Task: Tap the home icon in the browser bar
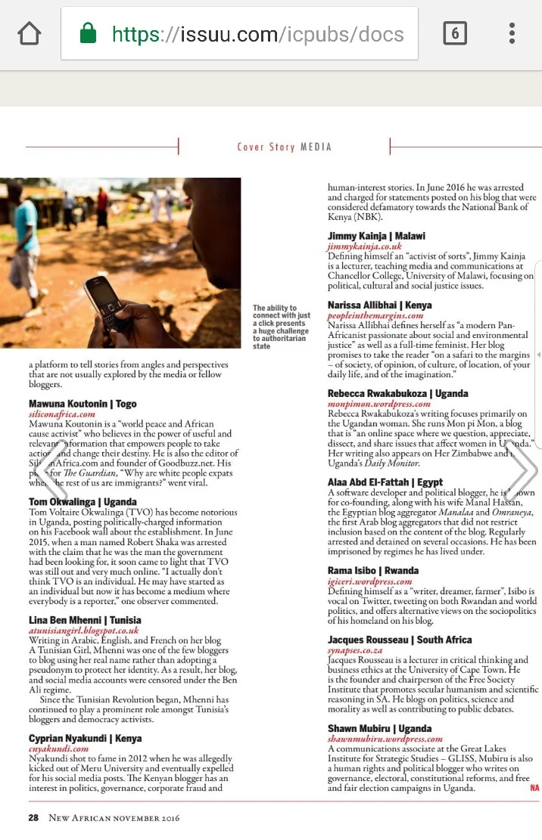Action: point(29,33)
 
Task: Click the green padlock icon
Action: point(88,33)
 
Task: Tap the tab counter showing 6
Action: point(454,33)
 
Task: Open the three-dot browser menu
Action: point(512,33)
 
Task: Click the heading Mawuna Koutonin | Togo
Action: point(83,404)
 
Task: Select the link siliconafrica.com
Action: point(62,414)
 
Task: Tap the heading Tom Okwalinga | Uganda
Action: point(83,501)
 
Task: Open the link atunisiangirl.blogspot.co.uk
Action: point(84,630)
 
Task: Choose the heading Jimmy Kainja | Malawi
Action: point(376,236)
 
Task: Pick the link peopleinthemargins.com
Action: point(386,315)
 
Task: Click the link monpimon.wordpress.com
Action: point(379,404)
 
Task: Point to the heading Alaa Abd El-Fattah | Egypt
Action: point(385,482)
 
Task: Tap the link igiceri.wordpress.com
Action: point(370,581)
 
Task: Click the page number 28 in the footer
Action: point(34,817)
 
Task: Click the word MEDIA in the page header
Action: point(316,147)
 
